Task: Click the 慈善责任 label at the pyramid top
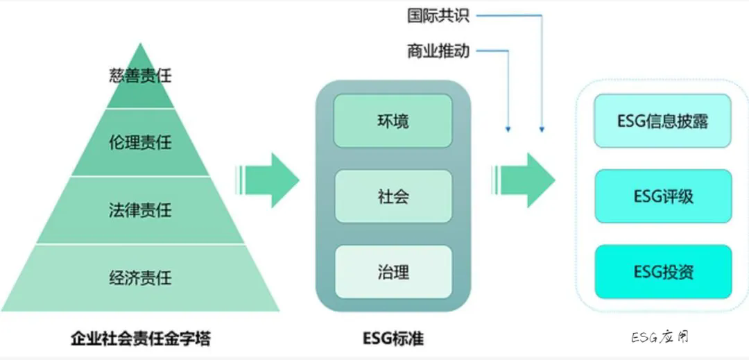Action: [140, 76]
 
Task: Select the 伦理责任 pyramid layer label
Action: [140, 144]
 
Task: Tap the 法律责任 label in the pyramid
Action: [140, 209]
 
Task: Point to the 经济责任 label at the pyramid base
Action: [140, 277]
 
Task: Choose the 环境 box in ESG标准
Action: [393, 121]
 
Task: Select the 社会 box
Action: [393, 196]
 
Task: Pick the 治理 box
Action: [393, 271]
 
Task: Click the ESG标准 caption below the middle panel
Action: [393, 339]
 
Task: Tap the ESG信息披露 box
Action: [662, 121]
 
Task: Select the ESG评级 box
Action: [662, 196]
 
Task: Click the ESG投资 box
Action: [662, 271]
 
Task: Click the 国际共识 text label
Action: [438, 15]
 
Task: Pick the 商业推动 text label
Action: [438, 51]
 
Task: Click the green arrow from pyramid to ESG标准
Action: [268, 180]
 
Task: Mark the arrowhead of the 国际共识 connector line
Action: [542, 129]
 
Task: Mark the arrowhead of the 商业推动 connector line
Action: [508, 129]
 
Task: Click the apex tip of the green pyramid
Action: [141, 44]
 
